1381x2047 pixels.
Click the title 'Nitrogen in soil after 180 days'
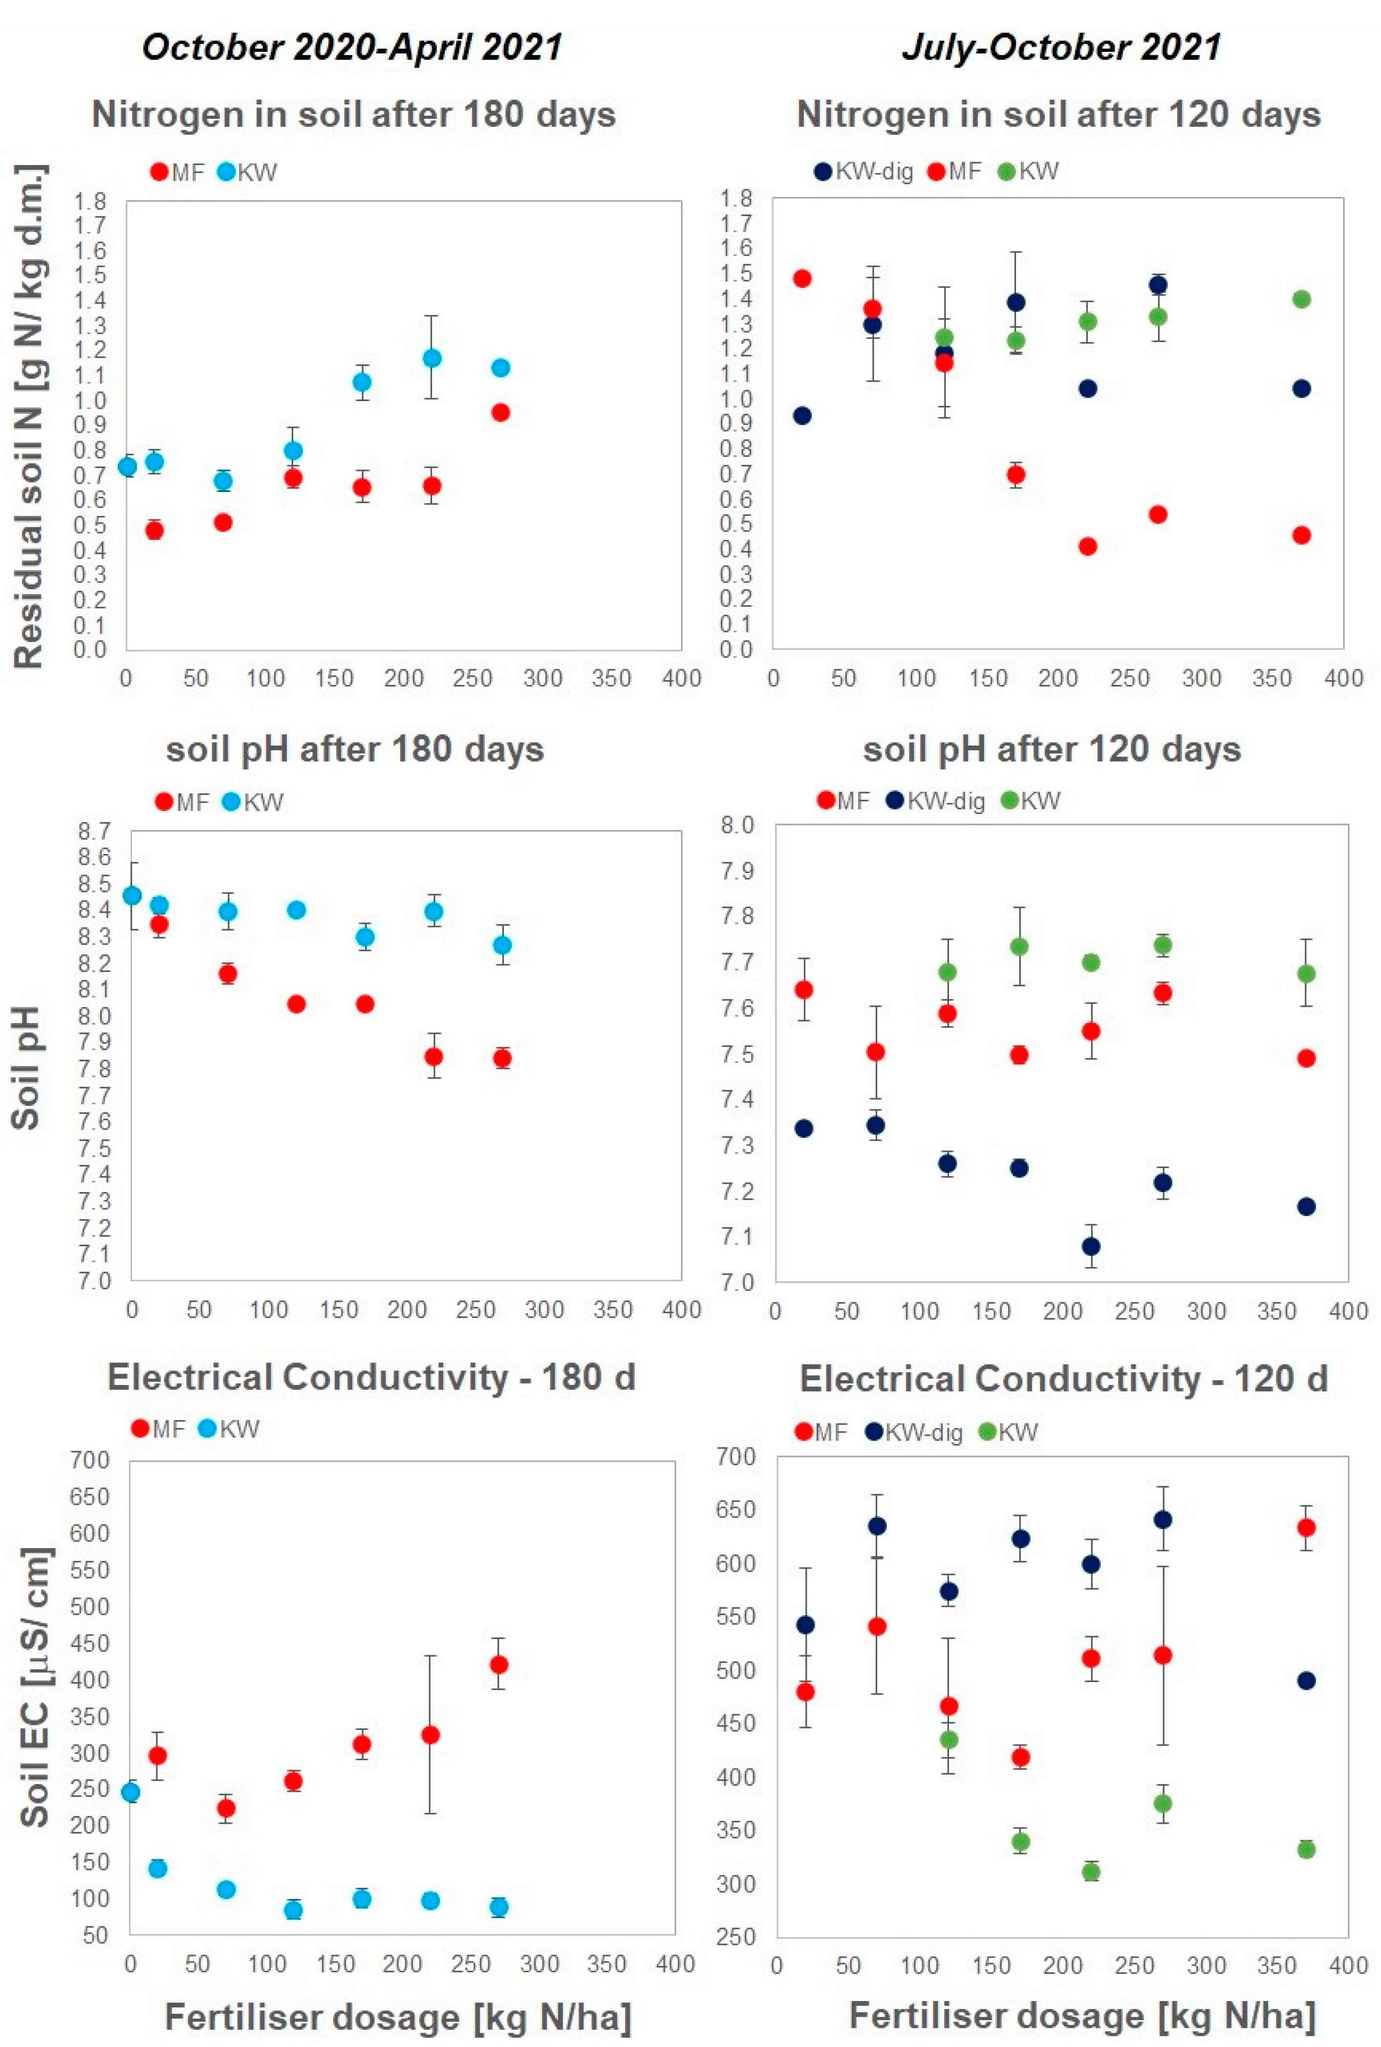(x=353, y=115)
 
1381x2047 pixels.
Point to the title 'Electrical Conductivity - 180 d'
(x=371, y=1377)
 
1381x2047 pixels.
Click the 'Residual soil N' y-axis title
(x=29, y=416)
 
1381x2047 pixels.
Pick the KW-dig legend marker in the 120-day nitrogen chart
(x=823, y=171)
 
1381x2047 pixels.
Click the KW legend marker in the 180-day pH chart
(x=231, y=802)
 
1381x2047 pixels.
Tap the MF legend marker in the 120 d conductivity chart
(x=803, y=1432)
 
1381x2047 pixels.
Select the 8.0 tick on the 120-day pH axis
(x=737, y=825)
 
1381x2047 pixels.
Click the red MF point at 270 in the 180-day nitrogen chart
(x=500, y=412)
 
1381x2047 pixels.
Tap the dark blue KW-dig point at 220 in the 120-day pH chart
(x=1090, y=1246)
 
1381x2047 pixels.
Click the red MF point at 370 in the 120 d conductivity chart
(x=1306, y=1528)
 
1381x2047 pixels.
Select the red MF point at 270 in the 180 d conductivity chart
(x=498, y=1665)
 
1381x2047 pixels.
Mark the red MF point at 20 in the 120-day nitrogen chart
(x=801, y=278)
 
